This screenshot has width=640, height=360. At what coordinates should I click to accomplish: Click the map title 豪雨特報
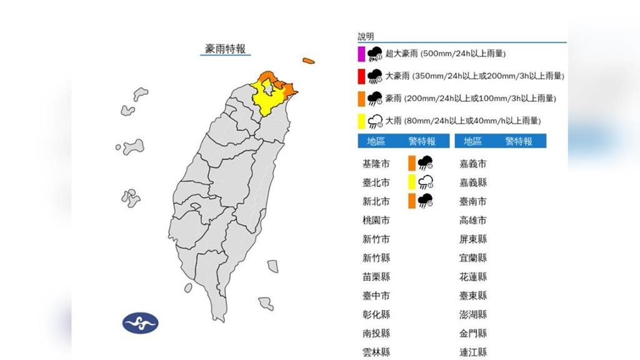[225, 49]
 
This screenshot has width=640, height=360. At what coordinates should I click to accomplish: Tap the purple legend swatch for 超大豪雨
[361, 54]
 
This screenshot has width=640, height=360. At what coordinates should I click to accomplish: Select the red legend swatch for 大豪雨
[361, 76]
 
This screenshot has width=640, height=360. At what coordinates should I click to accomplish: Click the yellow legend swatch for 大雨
[361, 121]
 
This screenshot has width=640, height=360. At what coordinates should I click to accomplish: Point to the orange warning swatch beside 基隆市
[411, 164]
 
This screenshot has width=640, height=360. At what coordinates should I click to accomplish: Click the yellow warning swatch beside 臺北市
[411, 182]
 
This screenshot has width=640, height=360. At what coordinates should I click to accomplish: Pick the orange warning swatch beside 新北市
[411, 201]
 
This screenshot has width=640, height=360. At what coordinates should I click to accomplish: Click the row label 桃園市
[376, 220]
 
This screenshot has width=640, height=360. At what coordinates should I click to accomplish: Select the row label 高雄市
[472, 220]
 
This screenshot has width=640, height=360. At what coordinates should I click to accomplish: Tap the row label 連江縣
[472, 352]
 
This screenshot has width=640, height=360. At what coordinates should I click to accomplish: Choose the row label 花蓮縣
[472, 276]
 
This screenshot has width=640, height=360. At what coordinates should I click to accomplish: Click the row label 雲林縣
[376, 352]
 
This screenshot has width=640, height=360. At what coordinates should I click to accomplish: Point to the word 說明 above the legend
[366, 36]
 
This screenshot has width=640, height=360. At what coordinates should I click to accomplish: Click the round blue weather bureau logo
[141, 323]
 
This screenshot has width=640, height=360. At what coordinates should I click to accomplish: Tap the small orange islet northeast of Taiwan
[308, 61]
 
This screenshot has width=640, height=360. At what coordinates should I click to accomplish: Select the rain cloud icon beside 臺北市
[426, 182]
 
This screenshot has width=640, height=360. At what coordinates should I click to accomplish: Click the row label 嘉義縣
[472, 182]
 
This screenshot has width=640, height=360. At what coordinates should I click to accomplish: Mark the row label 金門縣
[472, 333]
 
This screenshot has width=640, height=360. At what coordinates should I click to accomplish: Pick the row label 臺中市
[376, 295]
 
